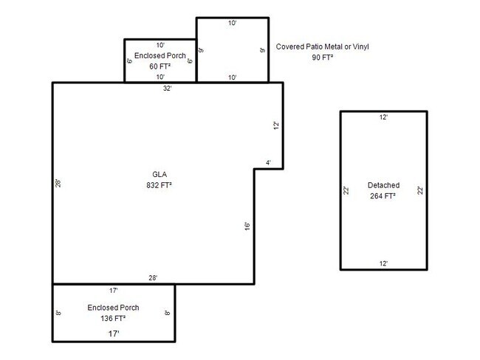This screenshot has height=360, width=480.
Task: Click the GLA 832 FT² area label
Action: [160, 180]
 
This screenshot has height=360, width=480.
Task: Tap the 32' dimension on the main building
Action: [167, 89]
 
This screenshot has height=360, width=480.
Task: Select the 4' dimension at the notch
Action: [268, 163]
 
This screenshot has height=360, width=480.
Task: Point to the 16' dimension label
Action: [247, 226]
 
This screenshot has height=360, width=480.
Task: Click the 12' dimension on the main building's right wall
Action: [276, 125]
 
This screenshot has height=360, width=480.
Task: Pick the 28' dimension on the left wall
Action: [58, 183]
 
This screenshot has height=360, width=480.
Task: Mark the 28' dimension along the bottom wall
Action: [153, 278]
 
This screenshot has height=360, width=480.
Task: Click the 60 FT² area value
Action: [160, 66]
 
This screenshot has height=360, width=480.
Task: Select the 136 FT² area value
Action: [113, 319]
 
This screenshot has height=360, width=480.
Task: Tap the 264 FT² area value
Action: [383, 196]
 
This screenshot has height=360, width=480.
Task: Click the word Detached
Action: [383, 185]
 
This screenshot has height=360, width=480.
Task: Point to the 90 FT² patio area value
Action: [323, 58]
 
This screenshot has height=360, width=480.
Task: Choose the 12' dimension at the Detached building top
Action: [383, 117]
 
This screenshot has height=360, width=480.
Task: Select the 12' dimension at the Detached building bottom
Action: [383, 263]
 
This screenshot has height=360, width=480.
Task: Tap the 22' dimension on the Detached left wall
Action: [346, 190]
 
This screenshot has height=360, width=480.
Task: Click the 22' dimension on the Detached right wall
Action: [420, 190]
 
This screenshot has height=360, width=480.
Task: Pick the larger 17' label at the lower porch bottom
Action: [114, 333]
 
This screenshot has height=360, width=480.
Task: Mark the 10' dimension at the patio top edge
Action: [233, 23]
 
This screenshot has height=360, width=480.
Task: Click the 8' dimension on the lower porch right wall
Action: [167, 313]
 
